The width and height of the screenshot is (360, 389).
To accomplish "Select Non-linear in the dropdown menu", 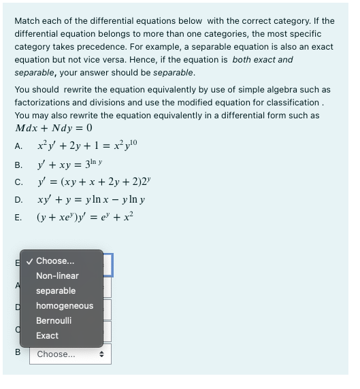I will (x=57, y=276).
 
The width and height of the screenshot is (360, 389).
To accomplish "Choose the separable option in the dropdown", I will (x=56, y=291).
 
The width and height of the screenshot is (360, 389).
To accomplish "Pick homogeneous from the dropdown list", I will (x=65, y=306).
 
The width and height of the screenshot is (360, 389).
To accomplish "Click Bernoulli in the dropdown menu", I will (x=54, y=321).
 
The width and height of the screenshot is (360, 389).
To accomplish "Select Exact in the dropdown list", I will (x=47, y=336).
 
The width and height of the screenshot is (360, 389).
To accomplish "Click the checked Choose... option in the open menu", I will (x=55, y=261).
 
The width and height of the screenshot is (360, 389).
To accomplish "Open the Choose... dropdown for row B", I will (x=70, y=354).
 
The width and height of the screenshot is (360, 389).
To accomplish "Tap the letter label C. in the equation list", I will (x=19, y=182).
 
